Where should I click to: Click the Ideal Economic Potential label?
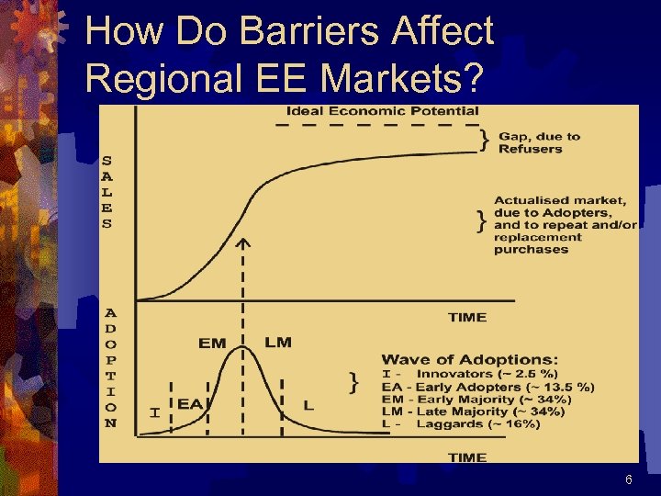pyautogui.click(x=383, y=111)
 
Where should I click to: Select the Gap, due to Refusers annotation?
pyautogui.click(x=539, y=142)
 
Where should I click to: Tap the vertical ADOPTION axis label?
pyautogui.click(x=111, y=367)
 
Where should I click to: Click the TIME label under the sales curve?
pyautogui.click(x=467, y=317)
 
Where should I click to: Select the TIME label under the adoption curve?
pyautogui.click(x=467, y=457)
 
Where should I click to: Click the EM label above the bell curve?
pyautogui.click(x=212, y=343)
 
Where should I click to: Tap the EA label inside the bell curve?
pyautogui.click(x=190, y=402)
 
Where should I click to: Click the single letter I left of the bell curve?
pyautogui.click(x=154, y=413)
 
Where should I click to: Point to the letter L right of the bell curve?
pyautogui.click(x=308, y=405)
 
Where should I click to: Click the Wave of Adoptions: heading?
pyautogui.click(x=469, y=359)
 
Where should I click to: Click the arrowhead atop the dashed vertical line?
pyautogui.click(x=242, y=243)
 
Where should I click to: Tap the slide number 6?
pyautogui.click(x=629, y=479)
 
